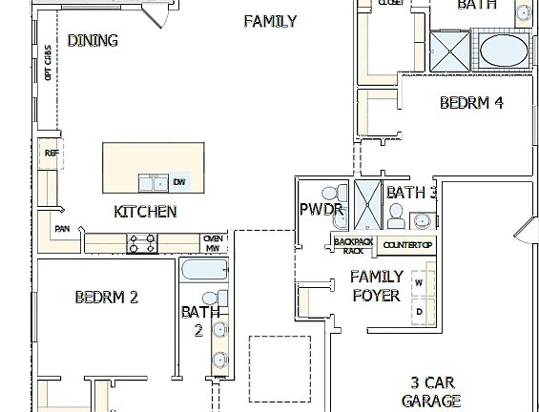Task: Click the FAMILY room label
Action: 270,21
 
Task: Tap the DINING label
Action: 93,41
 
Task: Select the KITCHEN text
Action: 145,212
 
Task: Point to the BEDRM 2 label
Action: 107,298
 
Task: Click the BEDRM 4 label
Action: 471,103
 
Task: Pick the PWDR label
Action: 316,210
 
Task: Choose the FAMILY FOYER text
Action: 376,285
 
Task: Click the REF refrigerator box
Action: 51,153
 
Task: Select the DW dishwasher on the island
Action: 178,182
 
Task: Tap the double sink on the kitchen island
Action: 153,182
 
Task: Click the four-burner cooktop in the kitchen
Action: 142,243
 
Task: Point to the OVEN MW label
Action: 213,243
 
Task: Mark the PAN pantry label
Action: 62,229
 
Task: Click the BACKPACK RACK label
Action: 353,245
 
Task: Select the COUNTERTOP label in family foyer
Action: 407,246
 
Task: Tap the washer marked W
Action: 418,283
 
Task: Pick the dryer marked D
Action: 418,311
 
